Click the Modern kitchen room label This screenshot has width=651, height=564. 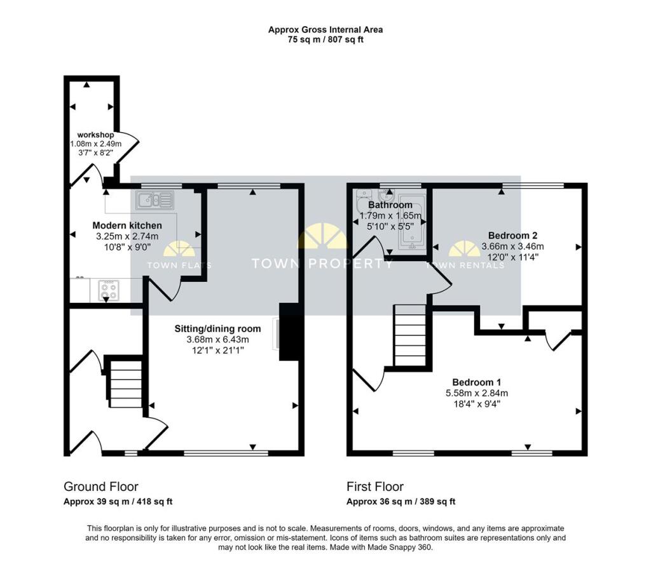point(127,225)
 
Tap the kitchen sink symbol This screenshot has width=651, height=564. point(154,200)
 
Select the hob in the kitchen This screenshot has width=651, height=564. point(109,290)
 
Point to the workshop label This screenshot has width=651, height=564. point(95,135)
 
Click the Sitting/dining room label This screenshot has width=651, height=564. point(217,329)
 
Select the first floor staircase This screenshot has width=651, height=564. point(410,335)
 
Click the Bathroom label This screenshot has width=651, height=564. point(390,205)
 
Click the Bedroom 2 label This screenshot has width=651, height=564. point(513,236)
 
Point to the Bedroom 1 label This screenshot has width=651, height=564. point(477,382)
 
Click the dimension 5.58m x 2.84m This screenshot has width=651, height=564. point(477,393)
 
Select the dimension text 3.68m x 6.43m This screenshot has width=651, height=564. point(217,340)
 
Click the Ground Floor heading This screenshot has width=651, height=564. point(101,487)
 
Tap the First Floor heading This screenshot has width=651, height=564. point(375,487)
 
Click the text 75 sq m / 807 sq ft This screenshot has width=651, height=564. point(325,40)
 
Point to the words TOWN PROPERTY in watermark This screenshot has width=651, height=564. point(322,264)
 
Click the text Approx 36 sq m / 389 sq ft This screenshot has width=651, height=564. point(401,501)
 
